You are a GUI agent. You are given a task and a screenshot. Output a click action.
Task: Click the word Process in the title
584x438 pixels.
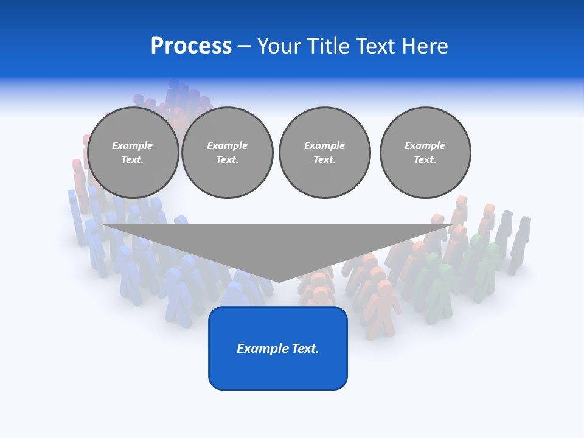(x=191, y=46)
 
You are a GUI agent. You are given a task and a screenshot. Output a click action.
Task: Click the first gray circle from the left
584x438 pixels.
(x=133, y=153)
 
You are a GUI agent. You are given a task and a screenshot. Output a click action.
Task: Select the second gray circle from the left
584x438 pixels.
(x=228, y=153)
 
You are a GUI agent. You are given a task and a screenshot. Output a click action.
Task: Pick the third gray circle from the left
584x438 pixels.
(x=325, y=153)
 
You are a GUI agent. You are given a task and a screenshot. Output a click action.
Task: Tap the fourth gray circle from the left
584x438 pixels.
(x=425, y=153)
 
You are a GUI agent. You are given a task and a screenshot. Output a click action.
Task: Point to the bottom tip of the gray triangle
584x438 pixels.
(x=279, y=281)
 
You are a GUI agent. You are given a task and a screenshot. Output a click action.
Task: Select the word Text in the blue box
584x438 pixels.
(x=307, y=349)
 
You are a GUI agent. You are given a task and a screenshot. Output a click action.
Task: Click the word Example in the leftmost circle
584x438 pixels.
(x=133, y=145)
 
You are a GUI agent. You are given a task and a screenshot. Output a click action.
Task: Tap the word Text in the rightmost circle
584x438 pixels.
(x=425, y=160)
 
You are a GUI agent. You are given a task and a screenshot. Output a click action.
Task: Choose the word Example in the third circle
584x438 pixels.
(x=325, y=145)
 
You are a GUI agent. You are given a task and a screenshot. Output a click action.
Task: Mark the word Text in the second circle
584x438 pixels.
(x=228, y=160)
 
